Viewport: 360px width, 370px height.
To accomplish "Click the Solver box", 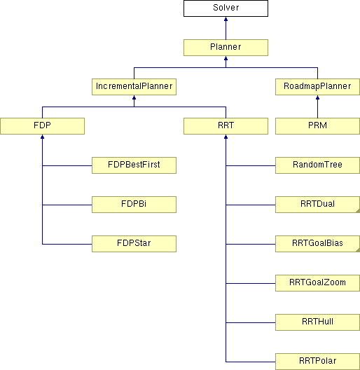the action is pos(226,8).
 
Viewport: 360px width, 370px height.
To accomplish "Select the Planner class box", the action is pos(226,48).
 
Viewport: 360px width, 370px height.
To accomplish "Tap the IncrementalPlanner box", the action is pos(134,87).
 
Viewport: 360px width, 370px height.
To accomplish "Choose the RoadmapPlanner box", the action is pos(317,87).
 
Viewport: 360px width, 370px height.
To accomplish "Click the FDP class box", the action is pos(42,126).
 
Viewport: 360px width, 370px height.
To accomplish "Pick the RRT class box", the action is pos(226,126).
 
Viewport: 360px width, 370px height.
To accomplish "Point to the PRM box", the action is pos(317,126).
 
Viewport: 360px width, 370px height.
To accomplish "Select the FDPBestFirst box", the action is pos(134,165).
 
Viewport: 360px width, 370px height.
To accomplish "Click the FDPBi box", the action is pos(134,205).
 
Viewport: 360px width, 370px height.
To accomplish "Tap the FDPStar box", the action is pos(134,244).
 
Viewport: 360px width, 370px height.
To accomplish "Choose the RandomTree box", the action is pos(317,165).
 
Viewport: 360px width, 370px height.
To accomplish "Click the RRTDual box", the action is pos(317,205).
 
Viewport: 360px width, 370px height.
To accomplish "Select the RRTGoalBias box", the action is pos(317,244).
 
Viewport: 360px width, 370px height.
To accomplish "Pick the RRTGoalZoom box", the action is pos(317,283).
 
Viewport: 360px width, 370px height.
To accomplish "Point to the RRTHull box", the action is pos(317,322).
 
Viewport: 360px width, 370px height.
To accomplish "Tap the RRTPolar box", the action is pos(317,362).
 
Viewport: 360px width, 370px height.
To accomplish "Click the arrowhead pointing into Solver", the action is pos(226,19).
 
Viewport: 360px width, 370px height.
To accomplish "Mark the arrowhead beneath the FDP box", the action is pos(42,137).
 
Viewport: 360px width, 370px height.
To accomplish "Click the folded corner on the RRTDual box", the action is pos(358,210).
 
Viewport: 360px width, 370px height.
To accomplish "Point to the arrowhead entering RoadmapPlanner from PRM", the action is pos(317,97).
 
